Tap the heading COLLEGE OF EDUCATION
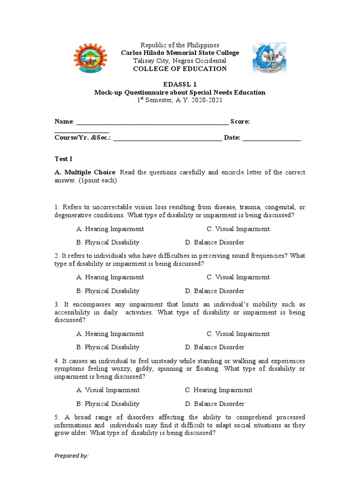coord(180,68)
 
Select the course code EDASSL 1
coord(180,84)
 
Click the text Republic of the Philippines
coord(180,45)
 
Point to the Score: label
coord(240,121)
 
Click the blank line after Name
coord(152,122)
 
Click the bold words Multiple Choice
coord(90,172)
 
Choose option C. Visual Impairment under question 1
coord(238,229)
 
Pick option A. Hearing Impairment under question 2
coord(110,277)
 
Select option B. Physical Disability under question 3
coord(108,347)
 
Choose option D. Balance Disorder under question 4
coord(215,404)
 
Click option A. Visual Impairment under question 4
coord(108,390)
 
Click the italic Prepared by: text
coord(71,456)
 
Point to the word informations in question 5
coord(73,426)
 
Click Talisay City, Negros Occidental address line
coord(180,61)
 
